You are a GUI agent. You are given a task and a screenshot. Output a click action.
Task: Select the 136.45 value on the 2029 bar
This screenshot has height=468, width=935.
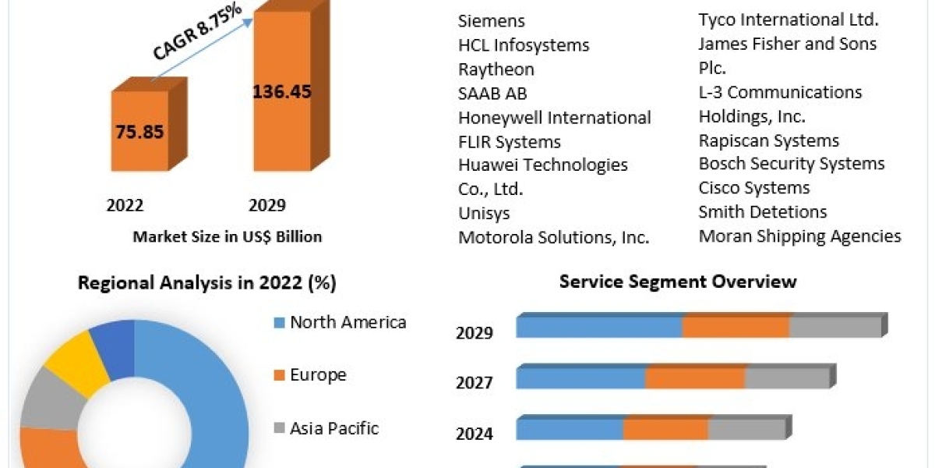coord(282,91)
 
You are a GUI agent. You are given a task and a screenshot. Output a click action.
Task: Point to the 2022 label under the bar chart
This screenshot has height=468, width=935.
coord(125,205)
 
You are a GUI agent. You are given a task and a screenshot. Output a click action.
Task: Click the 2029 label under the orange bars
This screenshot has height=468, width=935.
coord(267,205)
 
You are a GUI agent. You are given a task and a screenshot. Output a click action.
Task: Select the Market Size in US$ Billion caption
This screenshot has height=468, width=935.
coord(228,236)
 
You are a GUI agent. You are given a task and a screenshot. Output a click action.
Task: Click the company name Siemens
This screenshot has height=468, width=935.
coord(492,21)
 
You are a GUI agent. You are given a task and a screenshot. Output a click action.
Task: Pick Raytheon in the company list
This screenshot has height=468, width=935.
coord(496,69)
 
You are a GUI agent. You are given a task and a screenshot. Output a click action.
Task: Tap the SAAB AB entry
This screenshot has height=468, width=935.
coord(492,94)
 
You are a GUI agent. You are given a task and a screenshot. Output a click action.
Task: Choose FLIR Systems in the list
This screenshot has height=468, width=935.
coord(510,142)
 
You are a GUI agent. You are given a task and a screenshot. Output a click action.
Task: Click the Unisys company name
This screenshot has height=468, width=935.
coord(484,213)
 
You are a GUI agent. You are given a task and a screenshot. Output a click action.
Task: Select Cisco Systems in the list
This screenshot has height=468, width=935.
coord(754,188)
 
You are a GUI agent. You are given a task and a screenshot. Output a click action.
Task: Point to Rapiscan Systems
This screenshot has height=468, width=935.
coord(769,140)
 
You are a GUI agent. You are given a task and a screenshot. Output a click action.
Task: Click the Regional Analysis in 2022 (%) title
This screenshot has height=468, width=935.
coord(207,283)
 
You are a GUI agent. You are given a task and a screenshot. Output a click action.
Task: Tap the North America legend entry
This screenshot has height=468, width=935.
coord(348,322)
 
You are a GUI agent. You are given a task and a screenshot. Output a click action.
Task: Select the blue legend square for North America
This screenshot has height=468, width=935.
coord(278,323)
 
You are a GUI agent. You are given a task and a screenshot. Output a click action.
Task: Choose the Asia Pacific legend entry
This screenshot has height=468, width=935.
coord(334,428)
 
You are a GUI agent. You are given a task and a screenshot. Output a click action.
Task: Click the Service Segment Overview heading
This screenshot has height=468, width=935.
coord(678,282)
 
